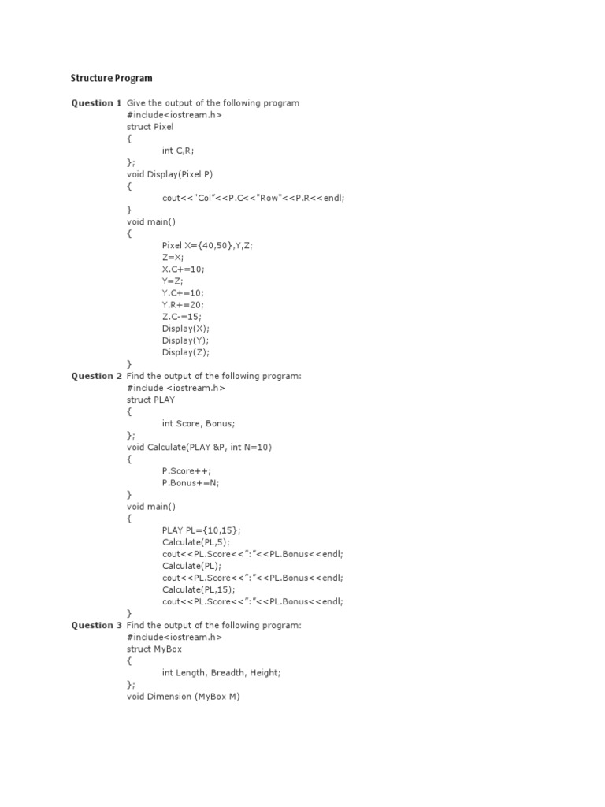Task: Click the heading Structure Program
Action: click(111, 78)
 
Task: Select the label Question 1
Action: click(96, 103)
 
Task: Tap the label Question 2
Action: click(96, 376)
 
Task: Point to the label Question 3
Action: click(96, 625)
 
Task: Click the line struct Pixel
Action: click(150, 126)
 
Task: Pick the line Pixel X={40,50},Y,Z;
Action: click(208, 245)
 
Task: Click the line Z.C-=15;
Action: click(182, 316)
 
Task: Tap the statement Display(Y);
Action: click(186, 340)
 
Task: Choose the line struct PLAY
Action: click(150, 400)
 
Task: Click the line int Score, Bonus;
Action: click(199, 423)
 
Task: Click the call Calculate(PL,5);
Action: click(195, 541)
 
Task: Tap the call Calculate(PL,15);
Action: click(199, 589)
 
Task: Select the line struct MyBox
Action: click(154, 649)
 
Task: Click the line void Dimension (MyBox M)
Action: click(183, 696)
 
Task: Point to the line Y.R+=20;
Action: click(183, 304)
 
